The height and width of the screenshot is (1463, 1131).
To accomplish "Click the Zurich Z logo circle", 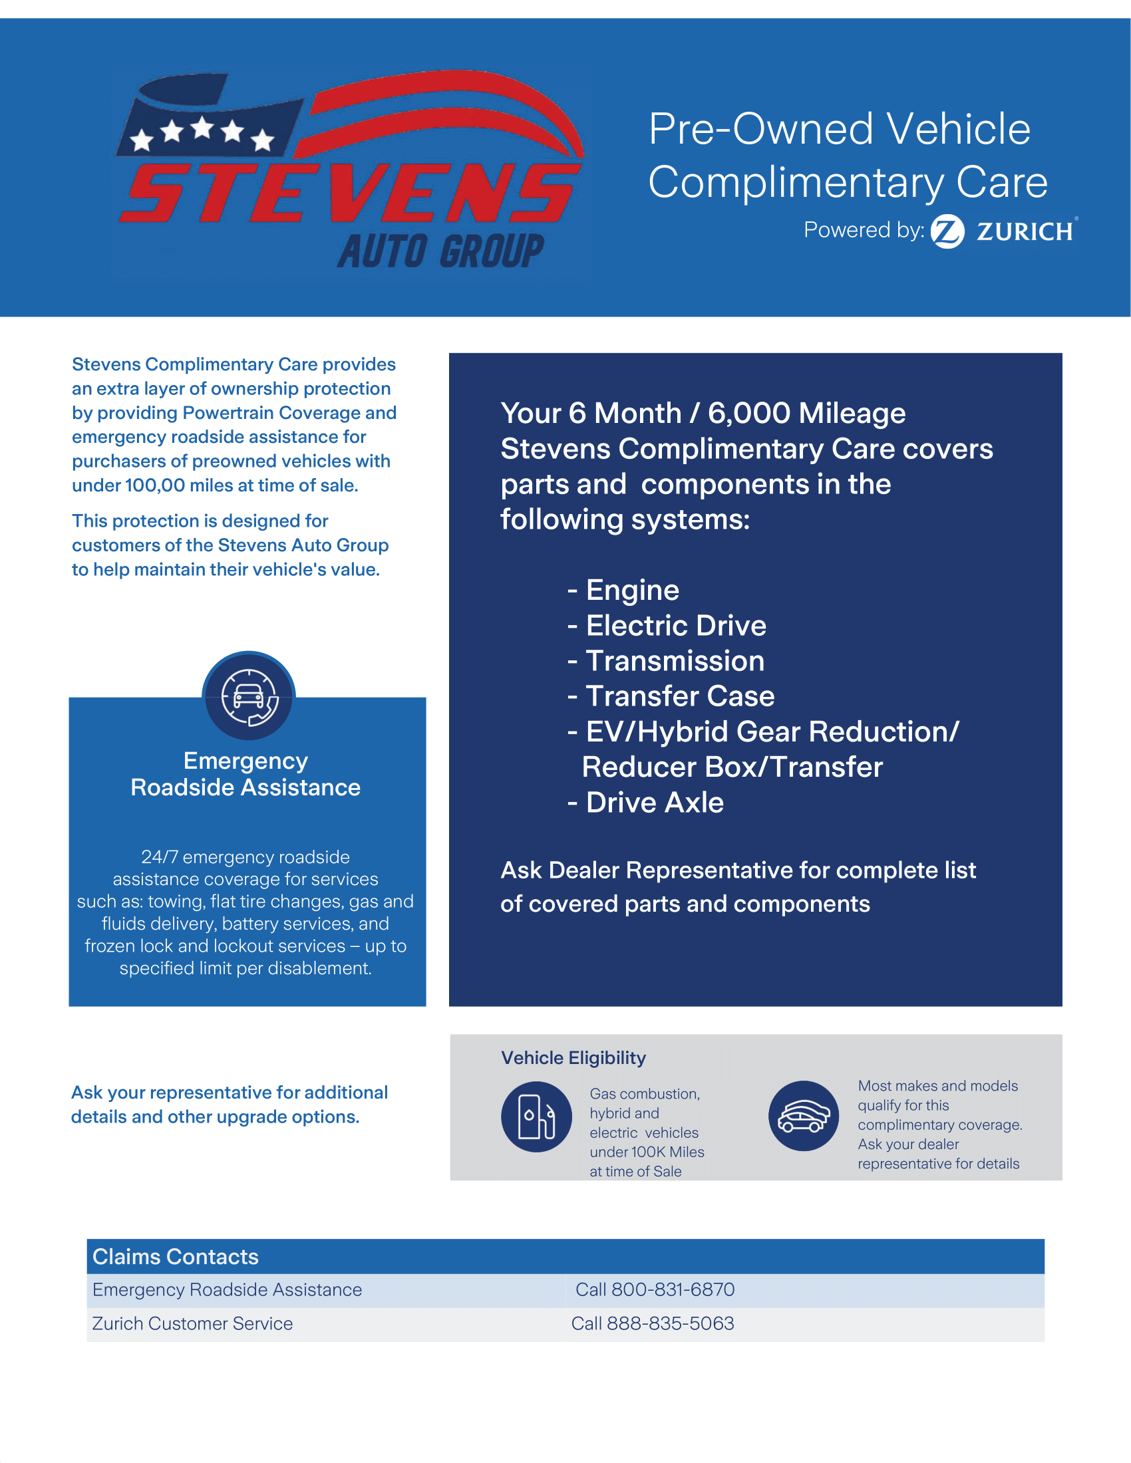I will coord(947,232).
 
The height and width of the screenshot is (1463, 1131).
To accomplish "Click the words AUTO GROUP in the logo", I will coord(441,251).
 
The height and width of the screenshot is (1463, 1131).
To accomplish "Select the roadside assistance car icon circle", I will coord(249,698).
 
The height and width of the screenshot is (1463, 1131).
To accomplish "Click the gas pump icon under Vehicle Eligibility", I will coord(536,1117).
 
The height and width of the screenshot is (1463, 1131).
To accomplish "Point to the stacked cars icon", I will coord(804,1116).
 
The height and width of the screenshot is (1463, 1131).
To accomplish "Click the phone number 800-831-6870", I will coord(673,1289).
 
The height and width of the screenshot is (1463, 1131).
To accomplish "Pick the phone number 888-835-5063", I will coord(670,1323).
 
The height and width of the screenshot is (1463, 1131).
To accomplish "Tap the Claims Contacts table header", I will coord(176,1257).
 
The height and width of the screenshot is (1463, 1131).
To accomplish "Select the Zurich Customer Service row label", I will coord(192,1323).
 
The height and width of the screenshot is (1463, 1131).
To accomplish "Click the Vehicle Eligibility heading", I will coord(573,1058).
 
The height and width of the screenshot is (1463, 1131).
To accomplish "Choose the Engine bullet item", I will coord(632,590).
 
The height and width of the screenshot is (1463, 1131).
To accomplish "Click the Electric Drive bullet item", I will coord(675,626).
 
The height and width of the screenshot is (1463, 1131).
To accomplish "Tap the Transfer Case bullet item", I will coord(679,696).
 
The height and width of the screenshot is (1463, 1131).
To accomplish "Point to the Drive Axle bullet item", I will coord(654,803).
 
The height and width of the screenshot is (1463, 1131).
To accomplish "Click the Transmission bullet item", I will coord(675,661).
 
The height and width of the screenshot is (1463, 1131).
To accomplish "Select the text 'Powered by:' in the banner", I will coord(864,230).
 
